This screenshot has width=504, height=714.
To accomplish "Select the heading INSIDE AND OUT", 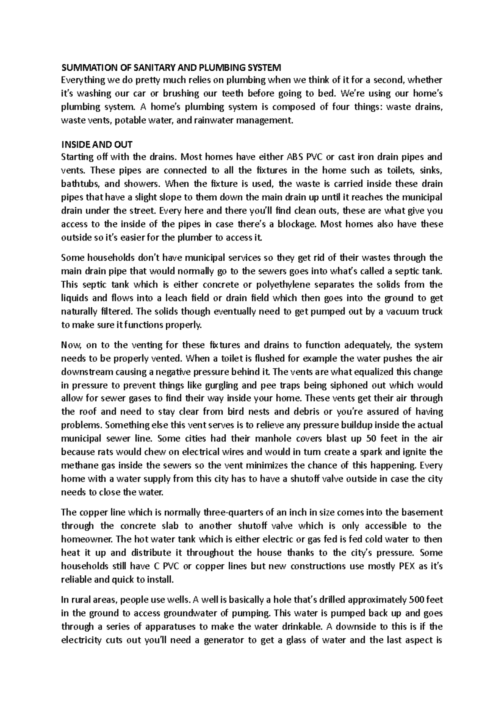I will coord(97,145).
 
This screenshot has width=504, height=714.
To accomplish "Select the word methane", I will coord(79,465).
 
